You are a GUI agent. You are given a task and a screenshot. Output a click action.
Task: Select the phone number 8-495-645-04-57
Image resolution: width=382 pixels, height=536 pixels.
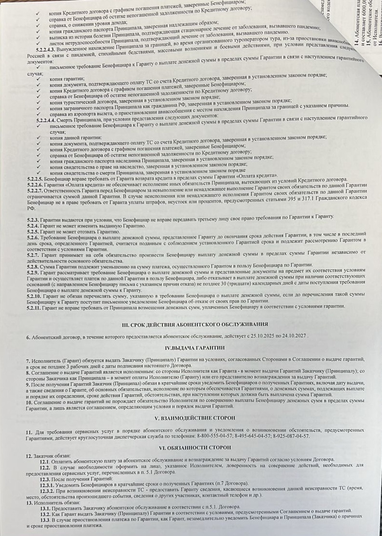[255, 436]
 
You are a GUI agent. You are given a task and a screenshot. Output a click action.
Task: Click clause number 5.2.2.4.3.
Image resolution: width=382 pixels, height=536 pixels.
[46, 49]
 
